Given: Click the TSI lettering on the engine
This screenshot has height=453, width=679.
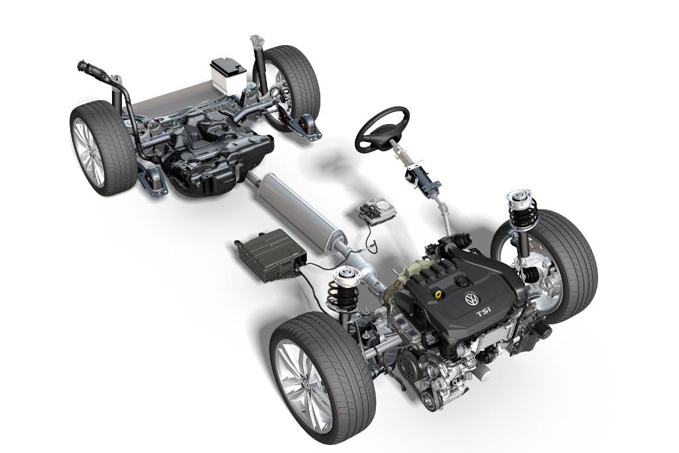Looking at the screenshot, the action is point(483,312).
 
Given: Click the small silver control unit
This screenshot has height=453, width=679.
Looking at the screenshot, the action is point(377,211).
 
